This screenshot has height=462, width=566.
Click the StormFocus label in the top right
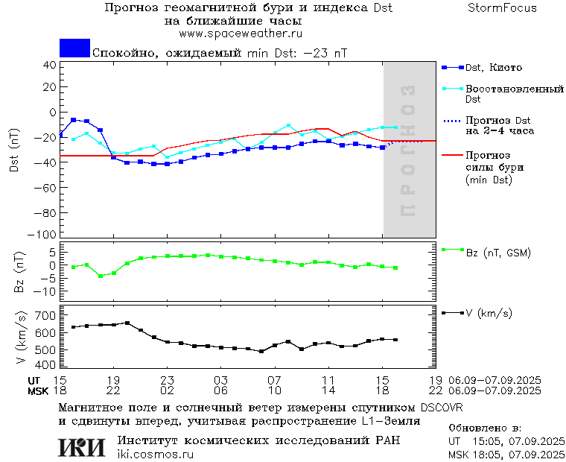[502, 8]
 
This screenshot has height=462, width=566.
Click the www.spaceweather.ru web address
[240, 34]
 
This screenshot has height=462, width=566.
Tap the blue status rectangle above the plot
[74, 48]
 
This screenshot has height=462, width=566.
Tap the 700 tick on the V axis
[45, 315]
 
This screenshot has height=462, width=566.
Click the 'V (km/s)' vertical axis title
[21, 339]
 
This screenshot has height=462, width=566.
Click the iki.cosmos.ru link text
[155, 455]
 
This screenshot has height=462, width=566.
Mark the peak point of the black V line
[127, 323]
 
